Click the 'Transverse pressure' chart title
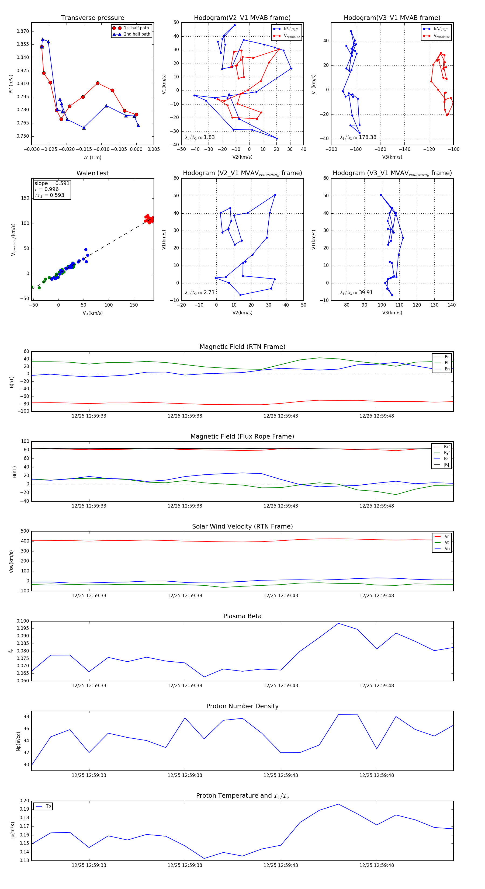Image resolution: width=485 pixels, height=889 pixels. [92, 18]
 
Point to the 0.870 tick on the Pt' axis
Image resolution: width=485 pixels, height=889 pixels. [23, 32]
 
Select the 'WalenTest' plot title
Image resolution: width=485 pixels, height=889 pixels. [92, 173]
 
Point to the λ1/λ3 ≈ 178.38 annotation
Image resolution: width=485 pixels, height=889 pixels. [358, 137]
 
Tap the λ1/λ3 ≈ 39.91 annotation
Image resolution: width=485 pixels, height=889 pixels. [356, 293]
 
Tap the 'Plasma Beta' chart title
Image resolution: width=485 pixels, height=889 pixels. [242, 616]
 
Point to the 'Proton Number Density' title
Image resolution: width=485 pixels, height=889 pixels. [242, 706]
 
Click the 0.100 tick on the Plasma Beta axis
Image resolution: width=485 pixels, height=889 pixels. [23, 621]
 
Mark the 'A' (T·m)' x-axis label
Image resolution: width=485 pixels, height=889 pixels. [92, 157]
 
